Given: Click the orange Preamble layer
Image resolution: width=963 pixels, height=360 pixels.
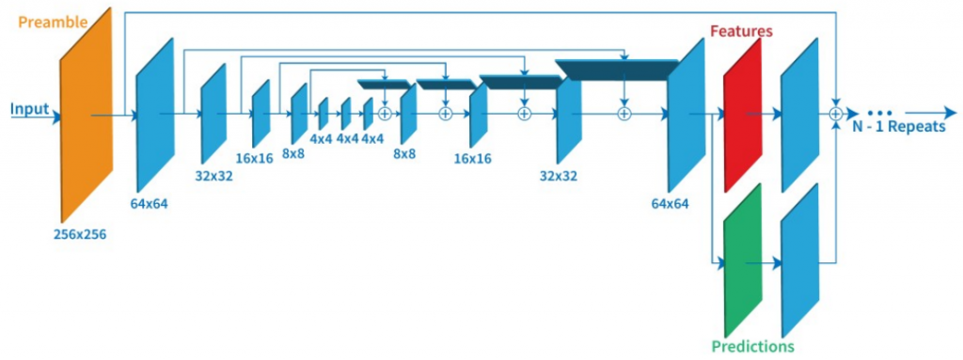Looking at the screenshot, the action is pos(86,115).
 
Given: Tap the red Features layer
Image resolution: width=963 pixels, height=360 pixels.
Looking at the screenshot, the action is pos(743,115).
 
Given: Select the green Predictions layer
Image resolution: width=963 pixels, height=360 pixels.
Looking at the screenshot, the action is pos(743,260).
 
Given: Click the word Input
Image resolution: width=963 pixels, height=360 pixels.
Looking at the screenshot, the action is pos(29,109).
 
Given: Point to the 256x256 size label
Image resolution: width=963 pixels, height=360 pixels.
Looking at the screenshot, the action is pos(79,234).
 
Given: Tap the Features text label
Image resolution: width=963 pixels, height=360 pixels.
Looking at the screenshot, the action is pos(741,31).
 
